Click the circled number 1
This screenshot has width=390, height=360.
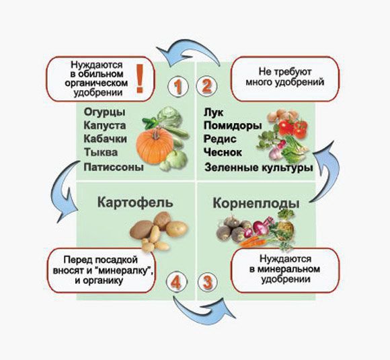pos(178,87)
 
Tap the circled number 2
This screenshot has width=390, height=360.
pos(206,86)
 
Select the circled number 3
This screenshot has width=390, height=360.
pos(208,282)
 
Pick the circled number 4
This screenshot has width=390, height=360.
pos(176,282)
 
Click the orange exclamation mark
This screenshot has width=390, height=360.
pos(140,79)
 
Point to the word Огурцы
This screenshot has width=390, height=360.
pos(104,112)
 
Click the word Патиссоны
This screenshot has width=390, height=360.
pos(114,167)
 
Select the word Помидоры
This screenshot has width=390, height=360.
pos(233,126)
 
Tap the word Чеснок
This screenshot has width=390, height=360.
pos(223,152)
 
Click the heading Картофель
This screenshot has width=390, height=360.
pos(135,202)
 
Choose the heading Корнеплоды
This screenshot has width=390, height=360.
pos(256,203)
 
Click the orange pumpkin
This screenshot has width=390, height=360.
pos(155,145)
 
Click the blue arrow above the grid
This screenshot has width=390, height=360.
pos(188,52)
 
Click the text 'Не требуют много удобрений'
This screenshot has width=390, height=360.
pos(285,77)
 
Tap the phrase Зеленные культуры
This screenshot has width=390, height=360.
pos(259,168)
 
